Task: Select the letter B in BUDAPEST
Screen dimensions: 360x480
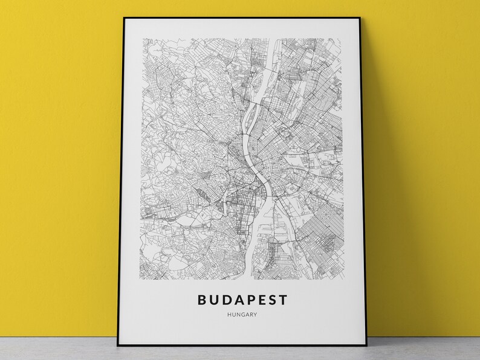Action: coord(201,298)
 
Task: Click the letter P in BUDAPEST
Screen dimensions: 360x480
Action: coord(248,298)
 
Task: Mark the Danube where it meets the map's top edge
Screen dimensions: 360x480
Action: coord(279,42)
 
